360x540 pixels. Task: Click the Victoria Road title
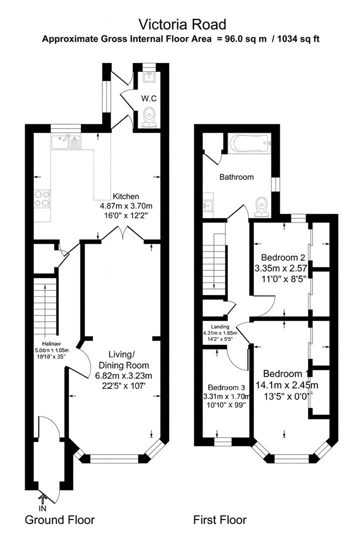pyautogui.click(x=182, y=24)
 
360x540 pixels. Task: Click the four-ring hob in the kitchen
pyautogui.click(x=42, y=198)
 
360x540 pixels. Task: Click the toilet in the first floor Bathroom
pyautogui.click(x=261, y=207)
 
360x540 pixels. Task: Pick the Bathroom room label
pyautogui.click(x=236, y=176)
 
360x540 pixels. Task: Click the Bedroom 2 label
pyautogui.click(x=280, y=257)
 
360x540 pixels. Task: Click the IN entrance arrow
pyautogui.click(x=42, y=498)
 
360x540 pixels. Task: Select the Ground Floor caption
pyautogui.click(x=59, y=520)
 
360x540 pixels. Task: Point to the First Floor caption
pyautogui.click(x=220, y=520)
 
